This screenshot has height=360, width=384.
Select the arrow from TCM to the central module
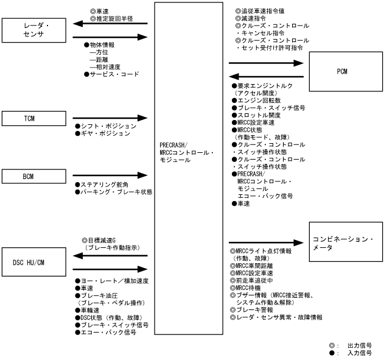(110, 117)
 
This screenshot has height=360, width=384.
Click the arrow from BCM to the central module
(110, 176)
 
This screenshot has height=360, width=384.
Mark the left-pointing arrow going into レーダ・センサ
(110, 24)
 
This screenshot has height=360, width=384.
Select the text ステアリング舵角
(106, 185)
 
